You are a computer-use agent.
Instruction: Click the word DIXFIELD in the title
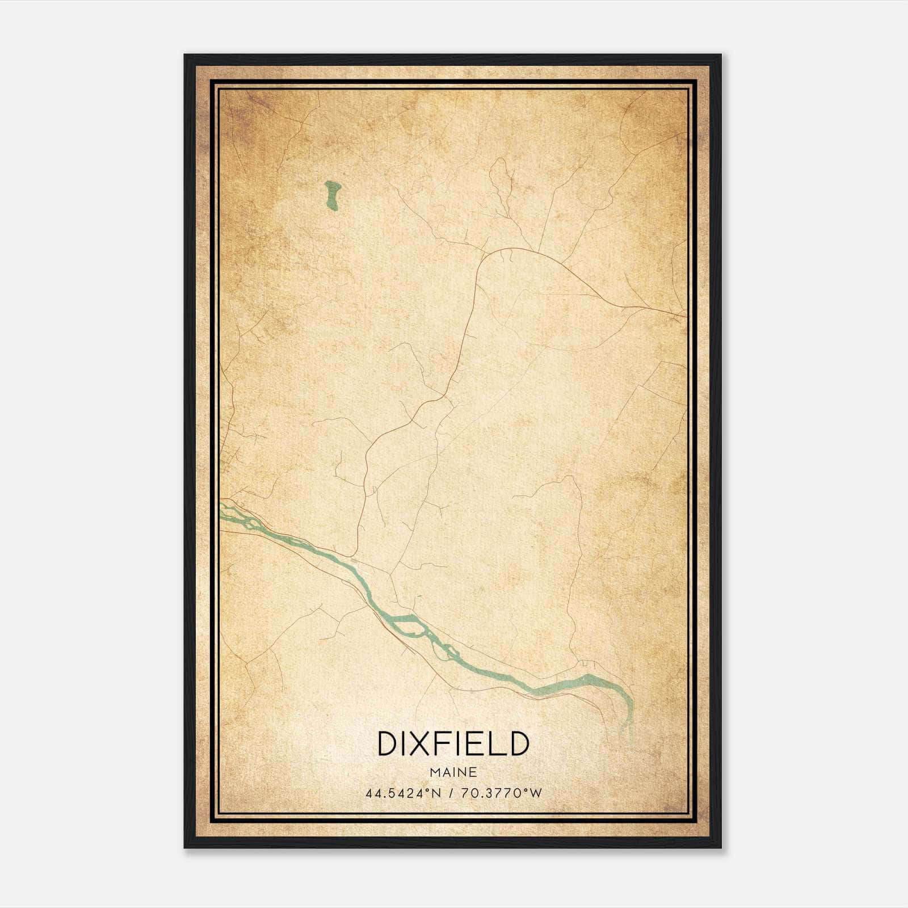pos(453,744)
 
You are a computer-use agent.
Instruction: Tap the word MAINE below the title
pos(453,772)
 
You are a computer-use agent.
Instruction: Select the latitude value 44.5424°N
pos(403,793)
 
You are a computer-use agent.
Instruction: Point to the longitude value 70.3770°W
pos(502,793)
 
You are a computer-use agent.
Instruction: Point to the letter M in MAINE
pos(435,772)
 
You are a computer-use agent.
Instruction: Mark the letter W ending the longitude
pos(536,793)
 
